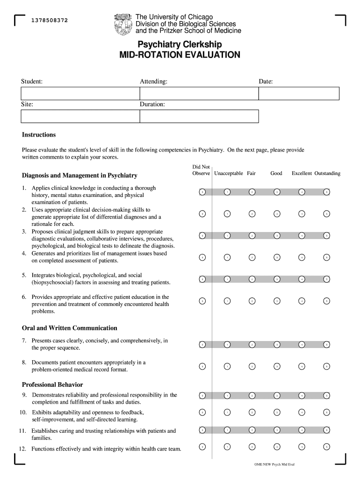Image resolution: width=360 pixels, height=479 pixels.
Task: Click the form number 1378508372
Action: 50,21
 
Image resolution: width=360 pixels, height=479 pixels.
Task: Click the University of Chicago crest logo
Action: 123,24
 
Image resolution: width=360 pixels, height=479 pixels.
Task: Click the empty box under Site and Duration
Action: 139,116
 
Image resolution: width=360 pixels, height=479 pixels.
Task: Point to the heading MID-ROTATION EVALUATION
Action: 180,55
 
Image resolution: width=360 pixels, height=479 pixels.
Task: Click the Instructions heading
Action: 39,135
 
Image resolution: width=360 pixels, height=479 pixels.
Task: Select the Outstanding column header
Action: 327,174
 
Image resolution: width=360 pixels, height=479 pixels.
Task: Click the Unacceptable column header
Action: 228,174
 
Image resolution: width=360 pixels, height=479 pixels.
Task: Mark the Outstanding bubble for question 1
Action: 327,192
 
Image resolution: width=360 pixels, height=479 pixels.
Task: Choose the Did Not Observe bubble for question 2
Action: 202,214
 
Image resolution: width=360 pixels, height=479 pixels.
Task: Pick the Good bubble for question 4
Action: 277,257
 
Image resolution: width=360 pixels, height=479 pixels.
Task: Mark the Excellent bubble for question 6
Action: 302,301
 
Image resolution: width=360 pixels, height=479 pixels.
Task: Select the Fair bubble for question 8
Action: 252,366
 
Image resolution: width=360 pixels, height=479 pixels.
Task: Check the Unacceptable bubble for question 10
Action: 227,412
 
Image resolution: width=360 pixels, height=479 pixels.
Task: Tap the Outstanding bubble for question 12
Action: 327,447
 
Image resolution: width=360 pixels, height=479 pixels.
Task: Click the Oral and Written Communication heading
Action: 70,328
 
